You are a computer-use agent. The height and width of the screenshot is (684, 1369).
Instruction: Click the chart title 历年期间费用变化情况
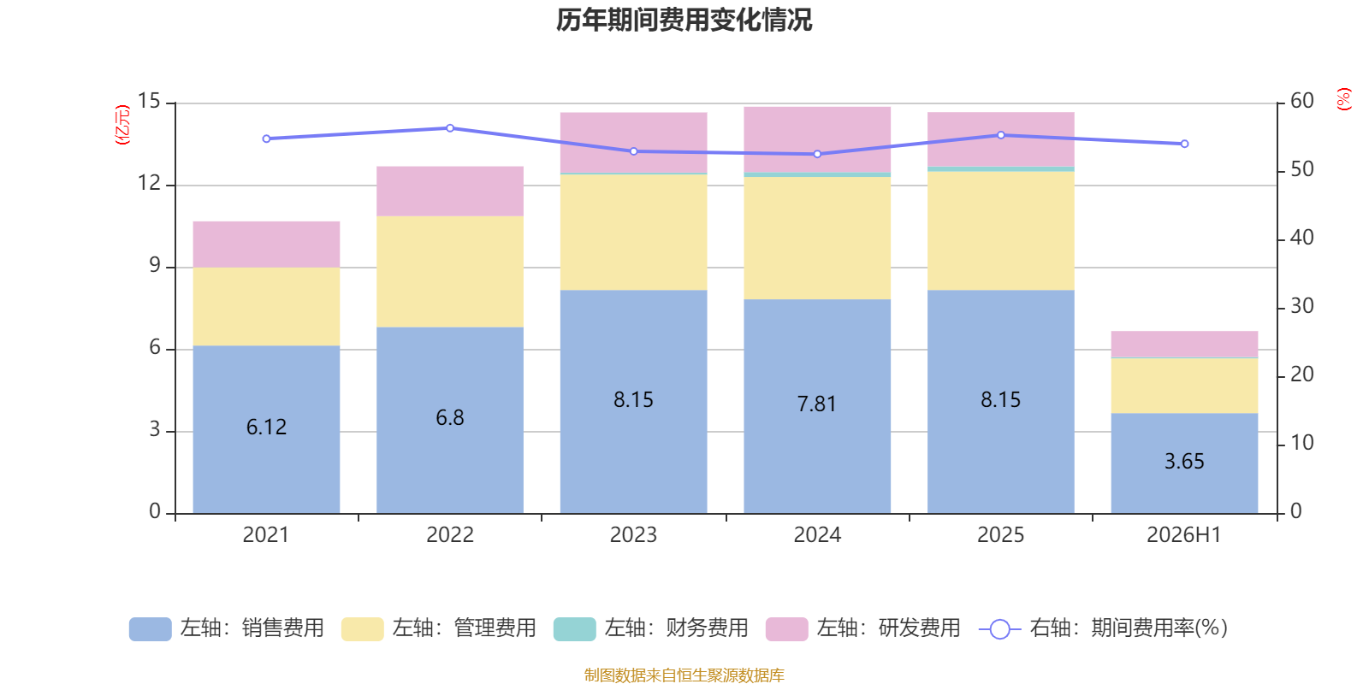684,21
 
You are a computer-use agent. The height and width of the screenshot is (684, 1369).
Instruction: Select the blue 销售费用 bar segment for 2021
266,429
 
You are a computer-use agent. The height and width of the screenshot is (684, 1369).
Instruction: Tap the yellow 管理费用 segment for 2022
450,272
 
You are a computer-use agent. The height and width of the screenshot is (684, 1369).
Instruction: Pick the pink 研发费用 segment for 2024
817,140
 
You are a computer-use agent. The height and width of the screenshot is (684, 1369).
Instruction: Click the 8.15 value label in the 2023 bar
634,400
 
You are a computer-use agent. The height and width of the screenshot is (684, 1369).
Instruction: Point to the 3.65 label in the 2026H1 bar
1184,462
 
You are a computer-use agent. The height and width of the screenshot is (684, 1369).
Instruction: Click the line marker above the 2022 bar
450,128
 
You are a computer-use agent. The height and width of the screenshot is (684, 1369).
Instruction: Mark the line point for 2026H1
1184,144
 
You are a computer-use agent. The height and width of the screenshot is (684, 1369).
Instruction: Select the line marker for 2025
1001,135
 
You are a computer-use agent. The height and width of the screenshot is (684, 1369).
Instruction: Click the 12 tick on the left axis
149,183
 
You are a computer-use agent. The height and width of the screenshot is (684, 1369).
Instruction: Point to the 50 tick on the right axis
1301,170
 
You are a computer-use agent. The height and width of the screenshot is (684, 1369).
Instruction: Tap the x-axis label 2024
817,535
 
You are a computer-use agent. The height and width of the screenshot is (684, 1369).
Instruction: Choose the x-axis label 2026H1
1184,535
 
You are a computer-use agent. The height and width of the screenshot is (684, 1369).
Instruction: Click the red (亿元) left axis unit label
122,125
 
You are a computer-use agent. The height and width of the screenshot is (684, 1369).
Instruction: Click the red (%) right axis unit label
1343,99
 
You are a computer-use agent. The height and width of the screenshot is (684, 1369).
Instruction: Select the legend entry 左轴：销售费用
227,628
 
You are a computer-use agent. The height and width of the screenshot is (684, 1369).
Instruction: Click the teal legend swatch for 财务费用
574,629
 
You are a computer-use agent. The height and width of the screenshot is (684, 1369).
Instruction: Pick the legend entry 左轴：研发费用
863,628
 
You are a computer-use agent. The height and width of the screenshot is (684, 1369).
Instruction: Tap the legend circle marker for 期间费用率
1000,629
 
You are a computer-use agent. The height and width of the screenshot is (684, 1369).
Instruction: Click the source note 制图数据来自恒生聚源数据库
684,675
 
